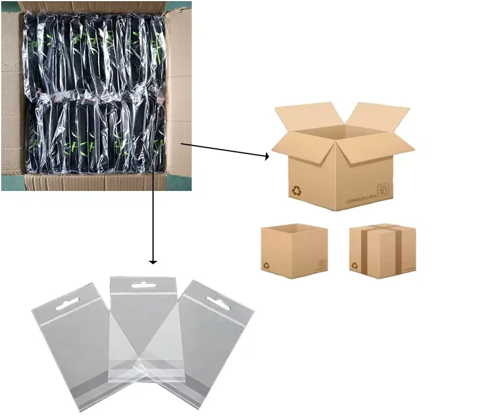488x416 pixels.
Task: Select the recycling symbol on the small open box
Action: (267, 265)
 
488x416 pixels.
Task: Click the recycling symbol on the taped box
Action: (354, 266)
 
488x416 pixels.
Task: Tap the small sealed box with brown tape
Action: (382, 250)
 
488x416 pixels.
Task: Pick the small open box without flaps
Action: (294, 251)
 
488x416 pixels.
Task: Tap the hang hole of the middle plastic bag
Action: (141, 285)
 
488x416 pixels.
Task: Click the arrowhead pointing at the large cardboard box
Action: (267, 155)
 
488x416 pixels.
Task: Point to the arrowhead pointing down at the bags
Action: (153, 262)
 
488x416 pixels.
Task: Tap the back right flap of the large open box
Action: (378, 115)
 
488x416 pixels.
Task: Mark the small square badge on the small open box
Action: (322, 264)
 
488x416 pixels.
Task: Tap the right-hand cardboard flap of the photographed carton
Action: (180, 92)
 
